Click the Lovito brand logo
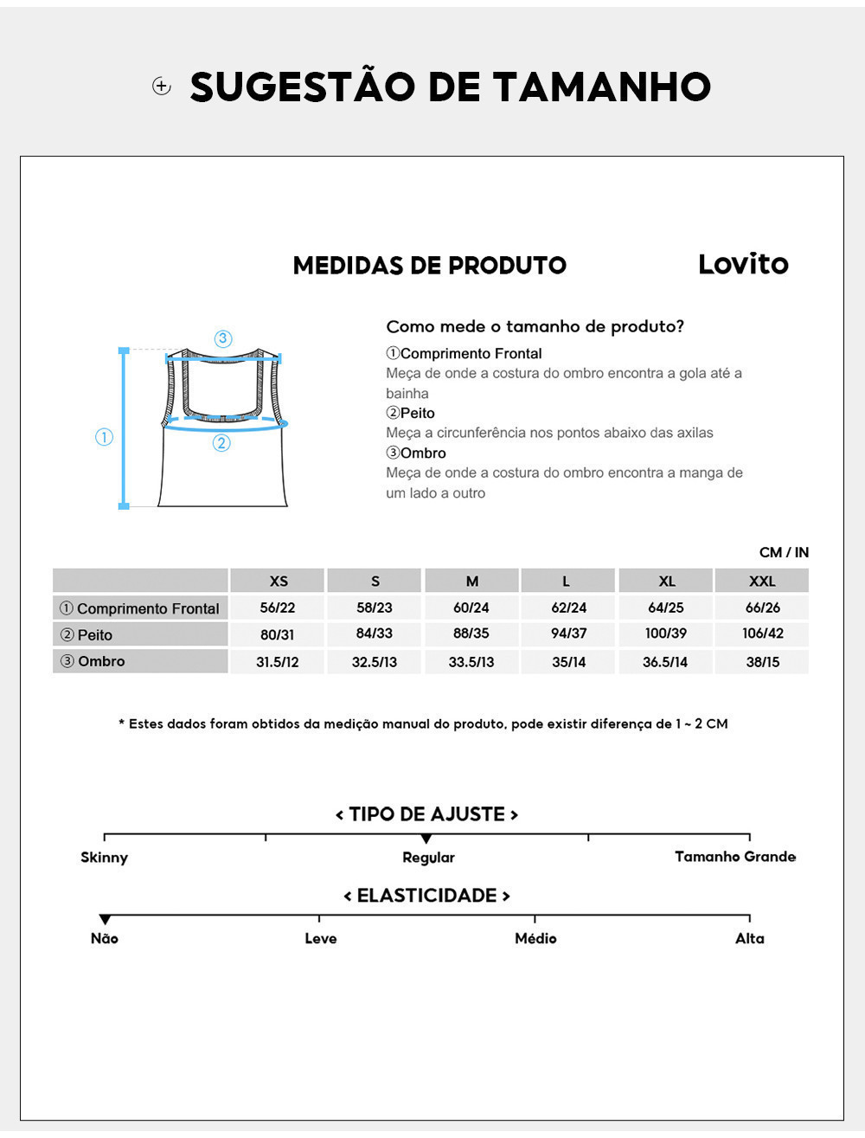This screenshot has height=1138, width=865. [x=743, y=264]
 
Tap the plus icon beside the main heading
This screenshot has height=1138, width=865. [x=162, y=86]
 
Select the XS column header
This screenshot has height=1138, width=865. [x=278, y=581]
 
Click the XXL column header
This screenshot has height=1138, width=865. [x=762, y=581]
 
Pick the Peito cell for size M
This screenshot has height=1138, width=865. [x=471, y=633]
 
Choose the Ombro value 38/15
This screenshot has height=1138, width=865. [x=762, y=661]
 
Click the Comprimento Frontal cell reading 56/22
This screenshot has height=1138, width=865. [x=278, y=608]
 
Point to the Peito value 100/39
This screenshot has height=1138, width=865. [x=665, y=633]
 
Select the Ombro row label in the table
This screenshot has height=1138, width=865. [x=101, y=661]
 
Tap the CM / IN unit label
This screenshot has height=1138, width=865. [x=784, y=552]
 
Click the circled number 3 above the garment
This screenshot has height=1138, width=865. [x=223, y=338]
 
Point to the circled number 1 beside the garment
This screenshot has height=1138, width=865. [x=104, y=437]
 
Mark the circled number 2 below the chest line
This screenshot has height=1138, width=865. [x=221, y=443]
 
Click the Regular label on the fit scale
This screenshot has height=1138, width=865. [x=428, y=858]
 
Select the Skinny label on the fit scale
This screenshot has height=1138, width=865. [x=104, y=858]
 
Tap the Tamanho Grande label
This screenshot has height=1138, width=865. [x=734, y=857]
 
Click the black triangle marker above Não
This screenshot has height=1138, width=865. [x=105, y=919]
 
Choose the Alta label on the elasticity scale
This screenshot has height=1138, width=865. [x=749, y=938]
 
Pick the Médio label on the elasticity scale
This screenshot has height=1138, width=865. [x=535, y=938]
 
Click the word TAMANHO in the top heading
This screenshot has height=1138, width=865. [x=602, y=87]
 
